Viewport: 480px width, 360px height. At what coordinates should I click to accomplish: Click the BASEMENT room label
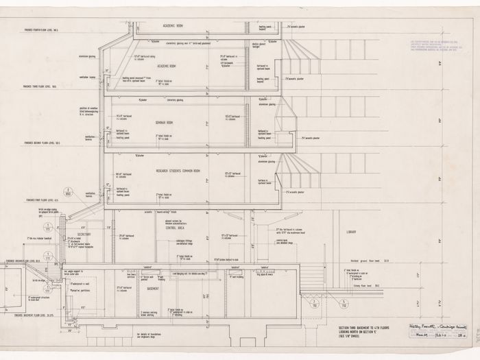tap(152, 289)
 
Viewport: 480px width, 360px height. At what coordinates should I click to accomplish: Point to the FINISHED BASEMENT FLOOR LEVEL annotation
tap(29, 314)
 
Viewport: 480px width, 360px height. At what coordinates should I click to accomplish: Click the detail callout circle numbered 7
tap(313, 302)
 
